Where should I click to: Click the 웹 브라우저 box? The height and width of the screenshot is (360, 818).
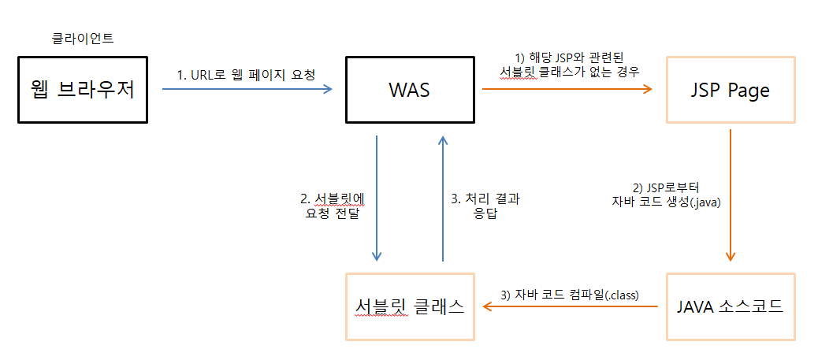click(83, 89)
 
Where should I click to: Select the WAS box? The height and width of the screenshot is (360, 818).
click(409, 89)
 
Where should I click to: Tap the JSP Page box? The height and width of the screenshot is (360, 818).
click(731, 89)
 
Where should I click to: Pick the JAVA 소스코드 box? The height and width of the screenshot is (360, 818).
click(731, 306)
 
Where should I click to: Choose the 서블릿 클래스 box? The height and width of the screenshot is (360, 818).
click(410, 306)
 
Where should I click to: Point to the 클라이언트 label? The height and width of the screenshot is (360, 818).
click(83, 38)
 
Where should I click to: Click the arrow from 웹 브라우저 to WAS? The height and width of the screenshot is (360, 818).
click(247, 89)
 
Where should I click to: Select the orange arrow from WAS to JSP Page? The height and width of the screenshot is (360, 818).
click(567, 89)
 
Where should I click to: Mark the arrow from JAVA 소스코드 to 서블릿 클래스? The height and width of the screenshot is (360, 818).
click(569, 307)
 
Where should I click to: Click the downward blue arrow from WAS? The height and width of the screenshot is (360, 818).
click(377, 198)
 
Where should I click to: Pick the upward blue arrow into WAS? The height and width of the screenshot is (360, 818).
click(443, 198)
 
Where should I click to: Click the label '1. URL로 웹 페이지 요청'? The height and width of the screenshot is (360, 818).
click(246, 76)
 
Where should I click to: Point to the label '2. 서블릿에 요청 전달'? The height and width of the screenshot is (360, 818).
click(332, 206)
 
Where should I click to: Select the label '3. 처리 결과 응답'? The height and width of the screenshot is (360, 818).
click(485, 206)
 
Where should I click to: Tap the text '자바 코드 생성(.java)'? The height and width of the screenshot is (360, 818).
click(667, 202)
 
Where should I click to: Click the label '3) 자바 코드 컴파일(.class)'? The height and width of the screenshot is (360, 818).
click(569, 295)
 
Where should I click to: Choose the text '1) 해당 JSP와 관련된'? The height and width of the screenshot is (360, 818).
click(569, 57)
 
